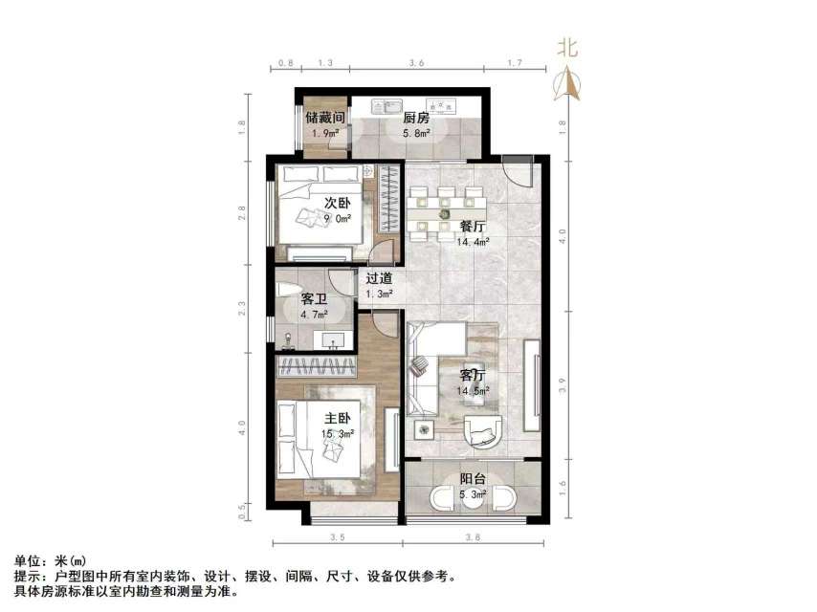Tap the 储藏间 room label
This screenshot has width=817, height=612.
[x=325, y=118]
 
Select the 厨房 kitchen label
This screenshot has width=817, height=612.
[x=414, y=118]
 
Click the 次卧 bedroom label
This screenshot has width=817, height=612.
[x=335, y=203]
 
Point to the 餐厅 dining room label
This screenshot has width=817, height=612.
[x=473, y=227]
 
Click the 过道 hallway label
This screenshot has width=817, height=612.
[x=380, y=278]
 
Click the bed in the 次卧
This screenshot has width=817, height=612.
[x=320, y=210]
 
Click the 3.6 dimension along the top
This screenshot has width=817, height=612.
[x=416, y=62]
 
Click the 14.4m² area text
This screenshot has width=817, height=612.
[x=473, y=243]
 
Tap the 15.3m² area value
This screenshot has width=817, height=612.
[x=339, y=433]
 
